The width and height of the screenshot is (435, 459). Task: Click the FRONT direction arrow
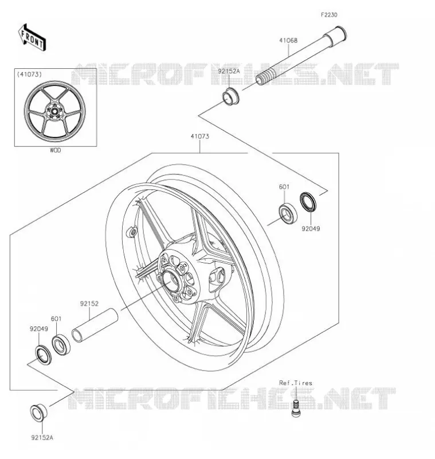pos(32,38)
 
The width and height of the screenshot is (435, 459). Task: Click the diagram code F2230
pos(329,15)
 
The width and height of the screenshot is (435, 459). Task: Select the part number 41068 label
pos(288,40)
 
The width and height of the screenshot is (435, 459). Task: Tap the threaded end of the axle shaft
pos(264,79)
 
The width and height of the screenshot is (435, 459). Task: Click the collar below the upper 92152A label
pos(231,96)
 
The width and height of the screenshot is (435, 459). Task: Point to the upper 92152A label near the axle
pos(229,71)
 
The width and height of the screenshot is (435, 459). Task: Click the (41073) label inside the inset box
pos(29,75)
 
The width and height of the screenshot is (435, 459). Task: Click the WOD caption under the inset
pos(55,150)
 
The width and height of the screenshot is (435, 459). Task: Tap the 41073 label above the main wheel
pos(200,136)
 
